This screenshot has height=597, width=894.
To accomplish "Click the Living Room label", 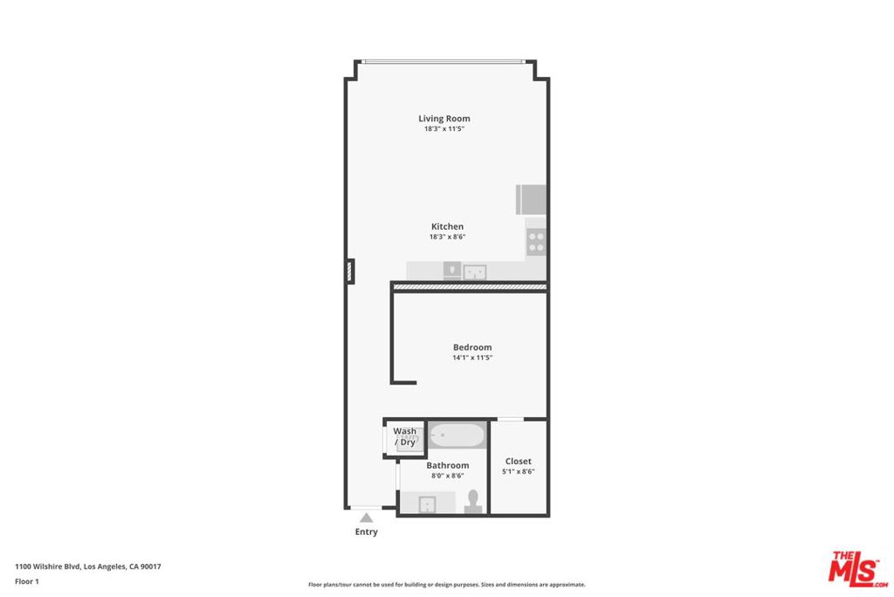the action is (x=444, y=119).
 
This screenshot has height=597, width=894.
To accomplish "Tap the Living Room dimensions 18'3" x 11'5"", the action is (x=444, y=129).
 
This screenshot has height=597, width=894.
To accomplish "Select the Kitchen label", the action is (x=447, y=226).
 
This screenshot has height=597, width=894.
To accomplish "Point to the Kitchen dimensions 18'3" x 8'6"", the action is (x=448, y=237).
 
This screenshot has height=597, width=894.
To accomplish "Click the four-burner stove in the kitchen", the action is (x=536, y=241).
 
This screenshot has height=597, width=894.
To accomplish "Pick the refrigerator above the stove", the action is (x=531, y=199).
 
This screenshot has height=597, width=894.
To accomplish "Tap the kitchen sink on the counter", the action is (x=474, y=272).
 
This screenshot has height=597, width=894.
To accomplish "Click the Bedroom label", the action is (x=472, y=347).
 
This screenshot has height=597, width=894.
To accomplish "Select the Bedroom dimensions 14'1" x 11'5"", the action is (x=472, y=358).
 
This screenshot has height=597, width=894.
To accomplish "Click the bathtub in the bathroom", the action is (x=457, y=435).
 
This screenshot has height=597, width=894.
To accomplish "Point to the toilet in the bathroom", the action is (x=472, y=502).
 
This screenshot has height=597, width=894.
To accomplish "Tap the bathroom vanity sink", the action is (x=427, y=504).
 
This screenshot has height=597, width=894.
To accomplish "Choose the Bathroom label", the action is (x=448, y=466).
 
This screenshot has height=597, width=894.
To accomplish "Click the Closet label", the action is (x=519, y=462).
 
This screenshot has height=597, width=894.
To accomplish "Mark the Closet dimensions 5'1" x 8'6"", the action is (x=519, y=472).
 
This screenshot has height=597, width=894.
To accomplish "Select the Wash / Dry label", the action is (x=405, y=437).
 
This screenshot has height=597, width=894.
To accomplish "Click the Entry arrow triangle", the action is (x=366, y=517).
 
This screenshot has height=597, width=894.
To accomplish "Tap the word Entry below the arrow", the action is (x=366, y=532).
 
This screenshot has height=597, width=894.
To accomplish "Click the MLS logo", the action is (x=857, y=569).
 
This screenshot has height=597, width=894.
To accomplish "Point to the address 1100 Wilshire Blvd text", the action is (x=88, y=566).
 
